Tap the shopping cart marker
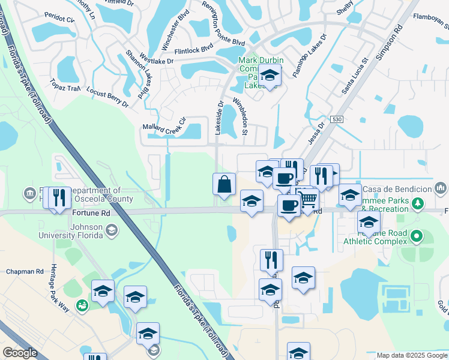[308, 199]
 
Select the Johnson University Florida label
[88, 231]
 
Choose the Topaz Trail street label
[65, 86]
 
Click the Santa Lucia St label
[354, 76]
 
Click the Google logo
[20, 353]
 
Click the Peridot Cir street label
[62, 19]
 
